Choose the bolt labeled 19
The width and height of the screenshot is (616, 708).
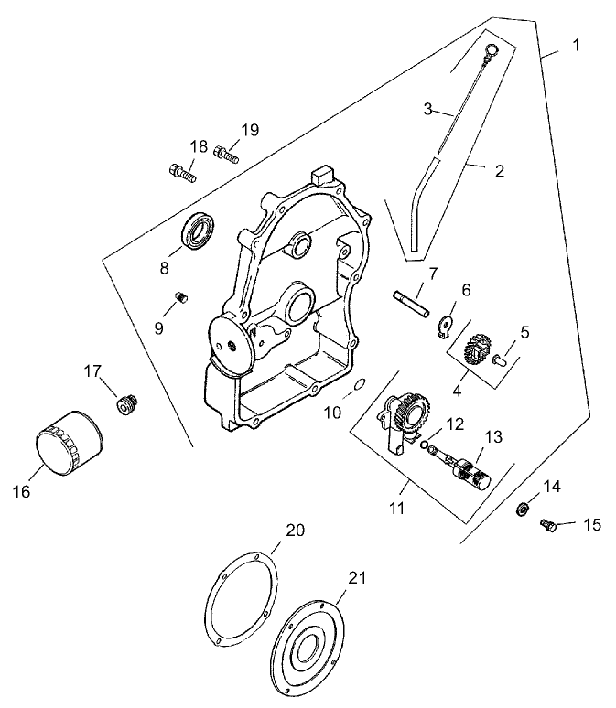(x=226, y=154)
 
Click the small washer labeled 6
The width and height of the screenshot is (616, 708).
(x=445, y=322)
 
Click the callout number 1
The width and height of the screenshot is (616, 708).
(x=576, y=45)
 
